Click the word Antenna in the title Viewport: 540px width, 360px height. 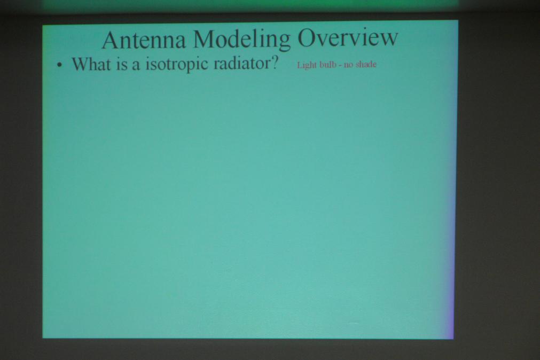144,40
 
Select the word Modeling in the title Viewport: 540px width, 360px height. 242,40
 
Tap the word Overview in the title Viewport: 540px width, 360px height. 348,37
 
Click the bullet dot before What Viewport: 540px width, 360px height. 60,65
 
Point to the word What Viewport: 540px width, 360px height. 91,64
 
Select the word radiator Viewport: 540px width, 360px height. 241,63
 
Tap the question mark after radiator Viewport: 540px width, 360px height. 275,62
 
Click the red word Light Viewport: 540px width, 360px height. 307,65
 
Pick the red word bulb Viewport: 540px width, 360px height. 327,65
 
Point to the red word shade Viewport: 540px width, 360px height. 366,65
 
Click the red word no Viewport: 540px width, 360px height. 349,66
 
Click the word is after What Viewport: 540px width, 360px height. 122,65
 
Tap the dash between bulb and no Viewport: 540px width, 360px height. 340,66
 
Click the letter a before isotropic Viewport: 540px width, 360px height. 136,66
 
